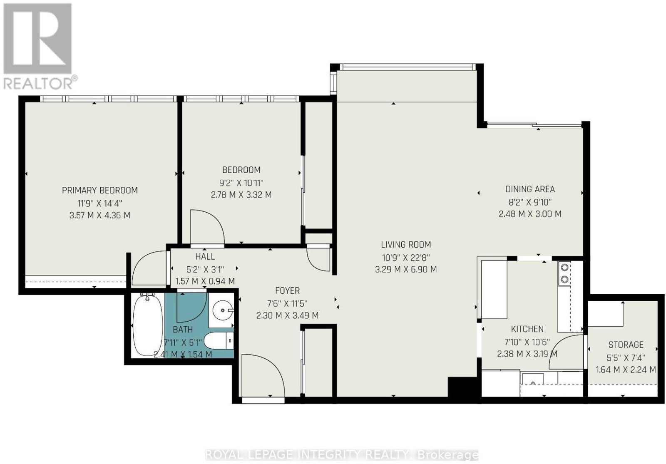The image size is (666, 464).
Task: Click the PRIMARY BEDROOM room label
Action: (99, 190)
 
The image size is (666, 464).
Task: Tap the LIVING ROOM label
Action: (406, 245)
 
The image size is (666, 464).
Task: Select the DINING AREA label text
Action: (530, 189)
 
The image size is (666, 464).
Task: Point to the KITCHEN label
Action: (527, 329)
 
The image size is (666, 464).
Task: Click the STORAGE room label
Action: (626, 345)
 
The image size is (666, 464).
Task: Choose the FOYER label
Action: (287, 290)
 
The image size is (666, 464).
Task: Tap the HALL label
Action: (205, 256)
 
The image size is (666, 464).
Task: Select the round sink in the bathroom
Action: (223, 310)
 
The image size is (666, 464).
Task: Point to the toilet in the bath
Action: (219, 341)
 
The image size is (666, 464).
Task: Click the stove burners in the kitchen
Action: (564, 273)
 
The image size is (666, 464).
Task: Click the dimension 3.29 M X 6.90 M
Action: (406, 270)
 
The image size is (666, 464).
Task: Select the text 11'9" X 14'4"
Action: (99, 203)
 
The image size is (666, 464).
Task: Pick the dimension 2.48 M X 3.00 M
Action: (530, 214)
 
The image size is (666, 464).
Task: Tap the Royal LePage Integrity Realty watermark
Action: (342, 455)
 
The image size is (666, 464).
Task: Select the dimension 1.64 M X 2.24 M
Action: (626, 370)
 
